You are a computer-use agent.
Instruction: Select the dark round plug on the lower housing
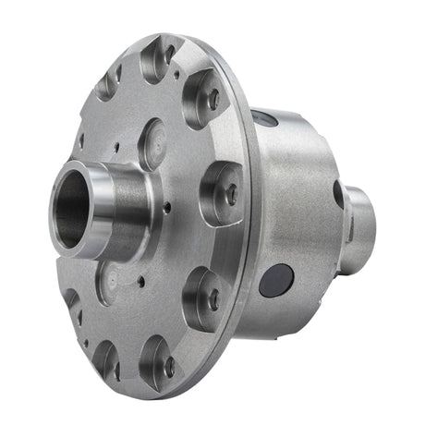tap(274, 279)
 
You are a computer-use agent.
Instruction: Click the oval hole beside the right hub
tap(339, 194)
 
